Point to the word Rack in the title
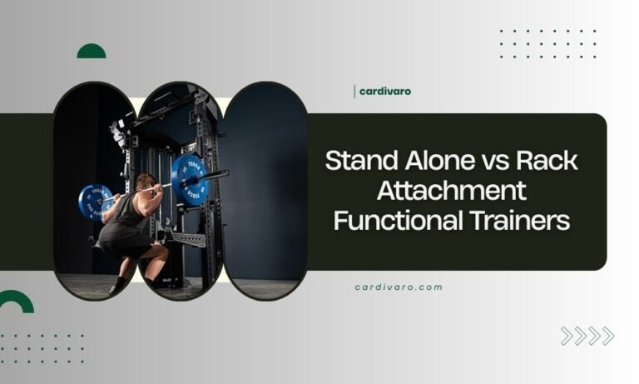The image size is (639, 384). [x=550, y=161]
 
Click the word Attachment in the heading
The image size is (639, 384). [x=452, y=191]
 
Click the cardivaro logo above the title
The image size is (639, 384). [x=384, y=91]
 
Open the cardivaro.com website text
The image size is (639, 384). [x=398, y=287]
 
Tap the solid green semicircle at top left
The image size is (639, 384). [x=92, y=52]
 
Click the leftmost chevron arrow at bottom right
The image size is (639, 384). [x=567, y=336]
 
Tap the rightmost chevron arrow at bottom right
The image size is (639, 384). [x=607, y=336]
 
